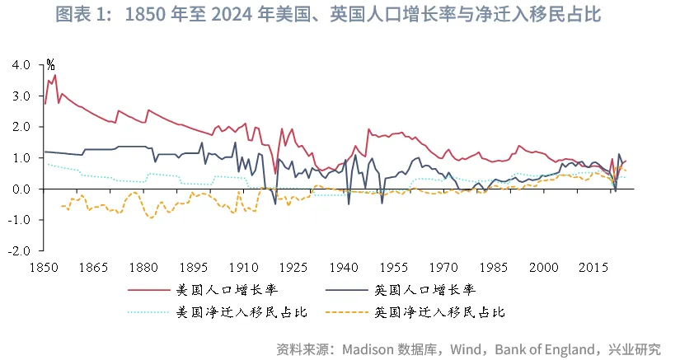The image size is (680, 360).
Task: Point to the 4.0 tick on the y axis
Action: coord(22,64)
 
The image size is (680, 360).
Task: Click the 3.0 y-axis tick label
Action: coord(22,96)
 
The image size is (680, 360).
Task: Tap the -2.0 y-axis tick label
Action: coord(21,250)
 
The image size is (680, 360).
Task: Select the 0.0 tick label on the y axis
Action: coord(22,189)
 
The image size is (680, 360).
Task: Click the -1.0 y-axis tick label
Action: coord(21,220)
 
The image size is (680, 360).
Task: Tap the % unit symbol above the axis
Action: coord(50,63)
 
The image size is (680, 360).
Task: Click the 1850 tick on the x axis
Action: coord(44,267)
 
